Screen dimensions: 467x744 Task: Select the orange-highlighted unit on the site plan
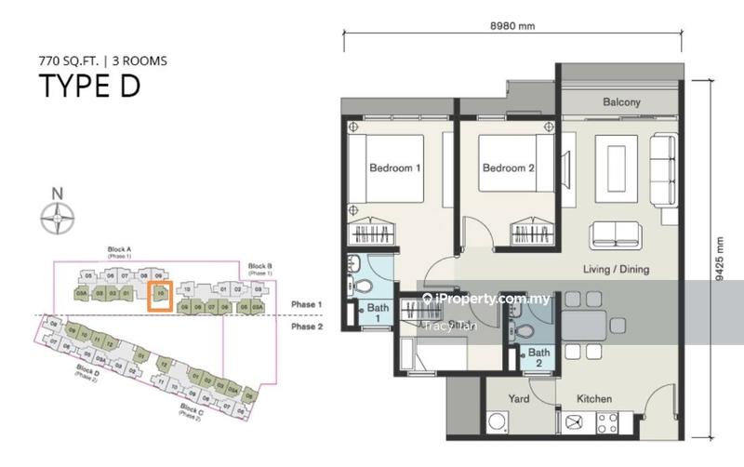(160, 295)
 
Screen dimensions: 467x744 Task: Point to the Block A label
(120, 249)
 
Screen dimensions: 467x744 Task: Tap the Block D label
(89, 371)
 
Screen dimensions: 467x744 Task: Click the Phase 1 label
(306, 305)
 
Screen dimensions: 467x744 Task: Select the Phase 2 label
(306, 327)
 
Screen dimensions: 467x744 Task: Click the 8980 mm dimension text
(512, 26)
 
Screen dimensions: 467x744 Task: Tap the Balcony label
(621, 102)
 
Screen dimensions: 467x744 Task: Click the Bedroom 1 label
(395, 168)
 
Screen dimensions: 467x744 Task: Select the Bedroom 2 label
(508, 168)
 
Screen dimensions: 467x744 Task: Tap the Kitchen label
(593, 399)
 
